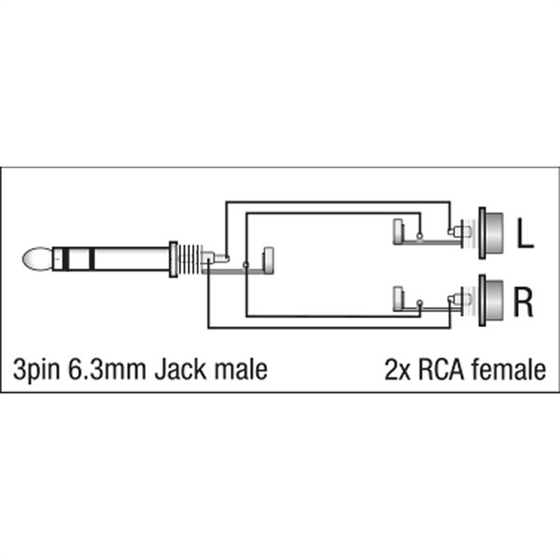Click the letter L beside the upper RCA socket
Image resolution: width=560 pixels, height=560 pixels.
524,235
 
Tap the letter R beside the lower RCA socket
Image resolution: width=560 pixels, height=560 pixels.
524,302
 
